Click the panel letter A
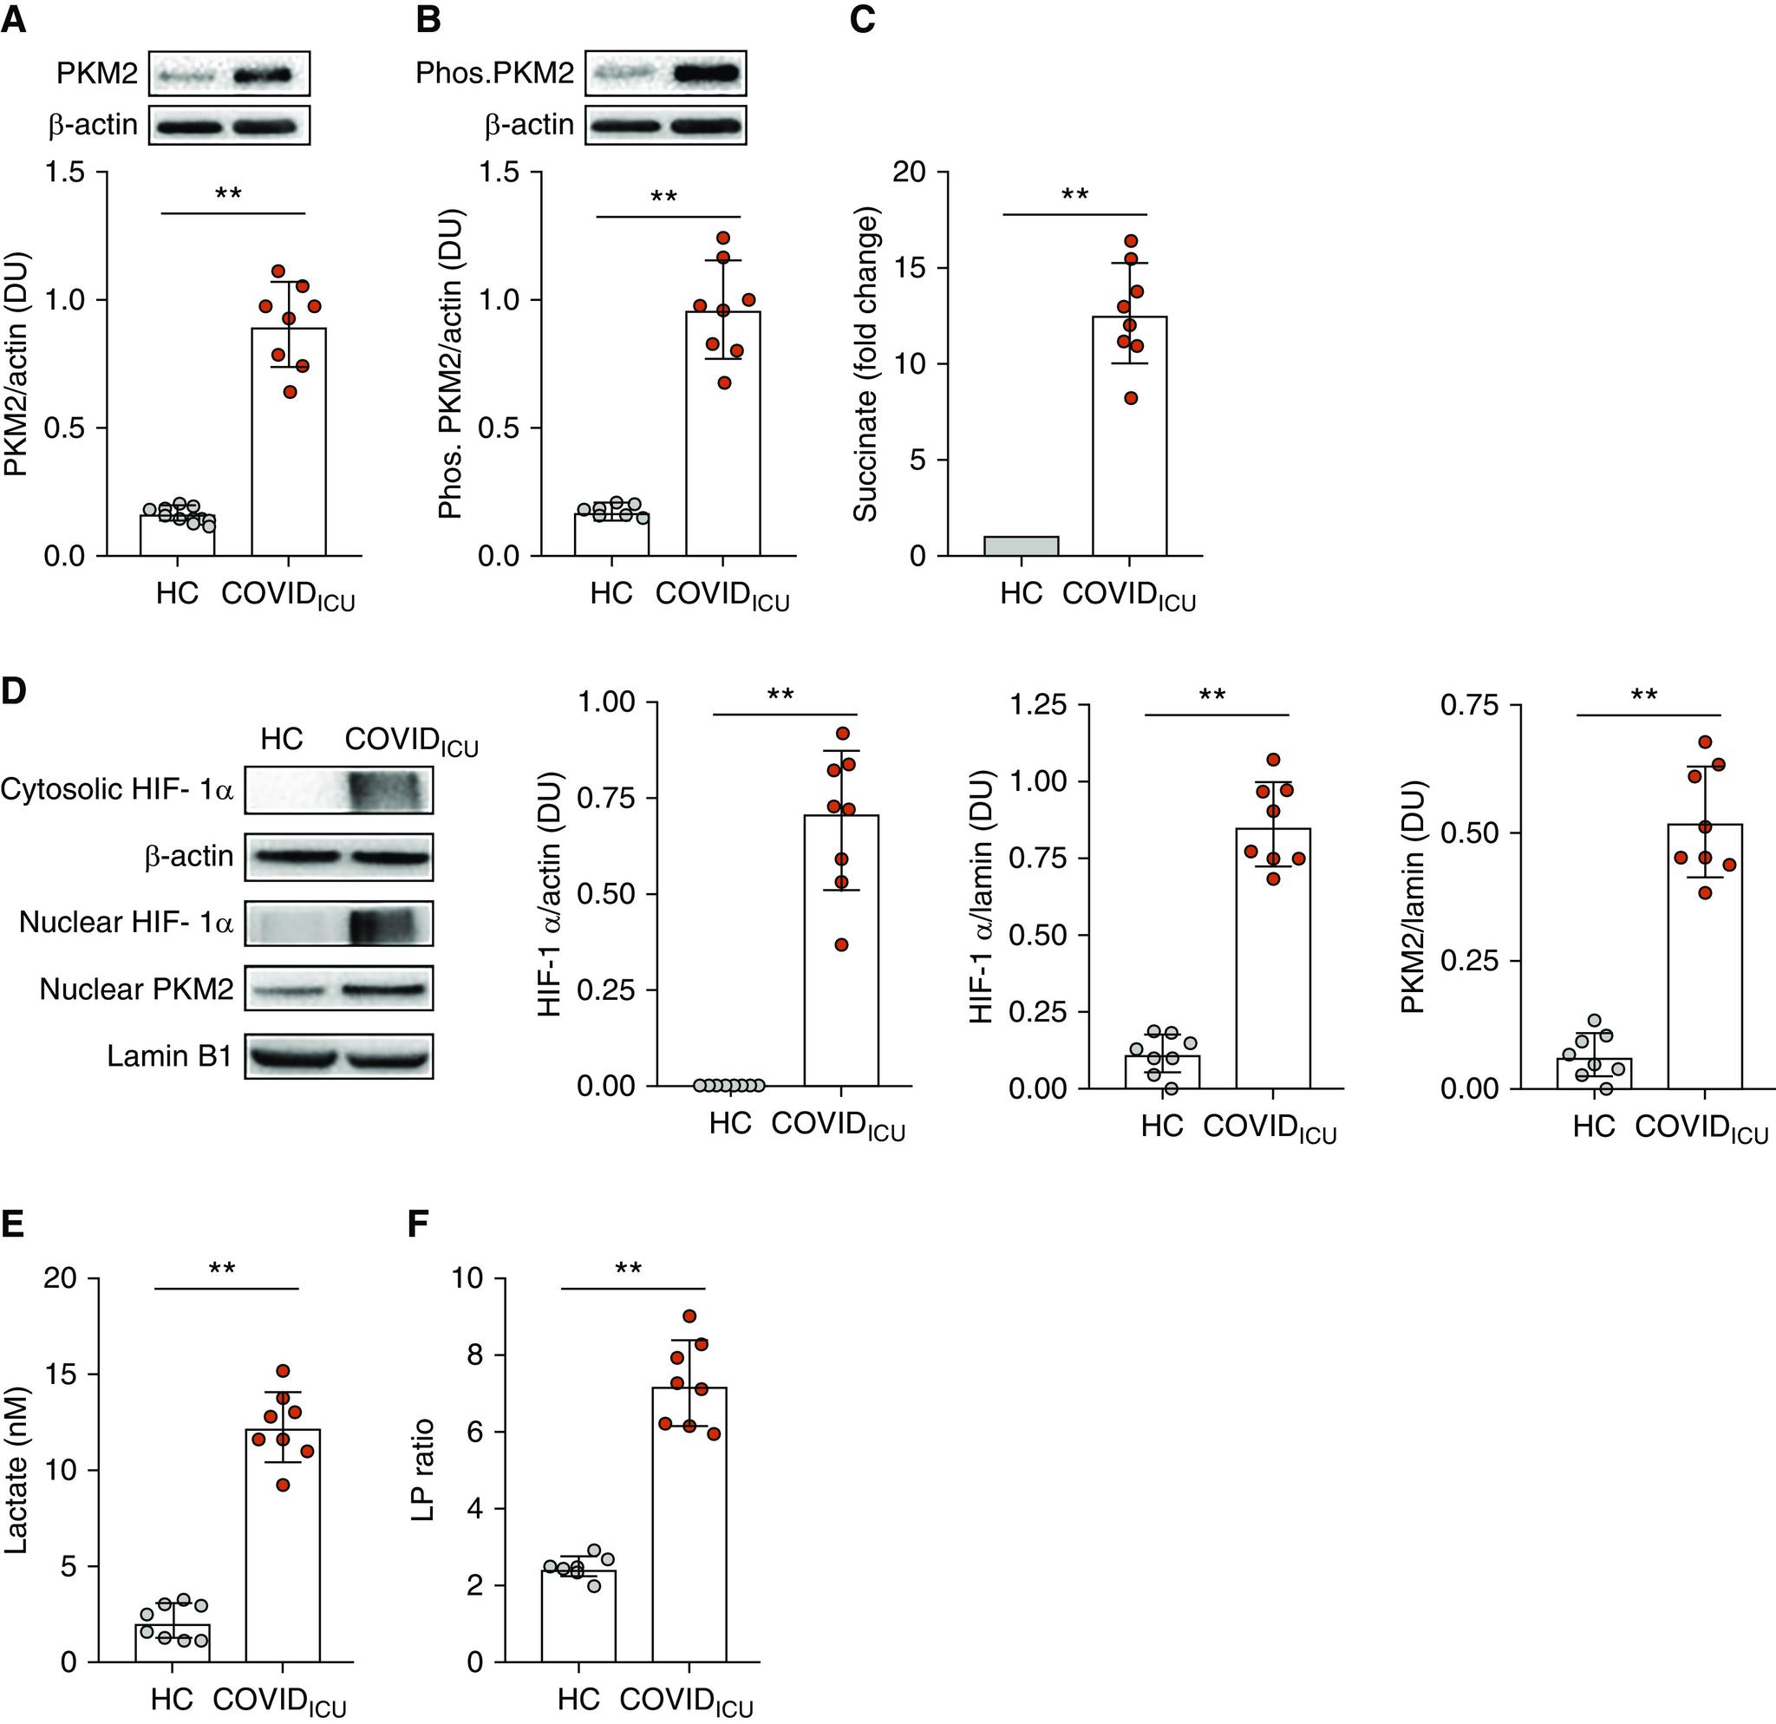pyautogui.click(x=14, y=19)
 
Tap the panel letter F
pyautogui.click(x=418, y=1224)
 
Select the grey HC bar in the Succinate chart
pyautogui.click(x=1022, y=545)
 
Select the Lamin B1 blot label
pyautogui.click(x=169, y=1056)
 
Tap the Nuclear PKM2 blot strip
pyautogui.click(x=338, y=989)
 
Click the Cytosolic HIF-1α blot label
pyautogui.click(x=118, y=790)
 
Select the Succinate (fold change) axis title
pyautogui.click(x=866, y=368)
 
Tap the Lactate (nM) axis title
pyautogui.click(x=16, y=1473)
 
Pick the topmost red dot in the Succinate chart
pyautogui.click(x=1130, y=241)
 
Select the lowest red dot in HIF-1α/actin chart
pyautogui.click(x=841, y=945)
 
